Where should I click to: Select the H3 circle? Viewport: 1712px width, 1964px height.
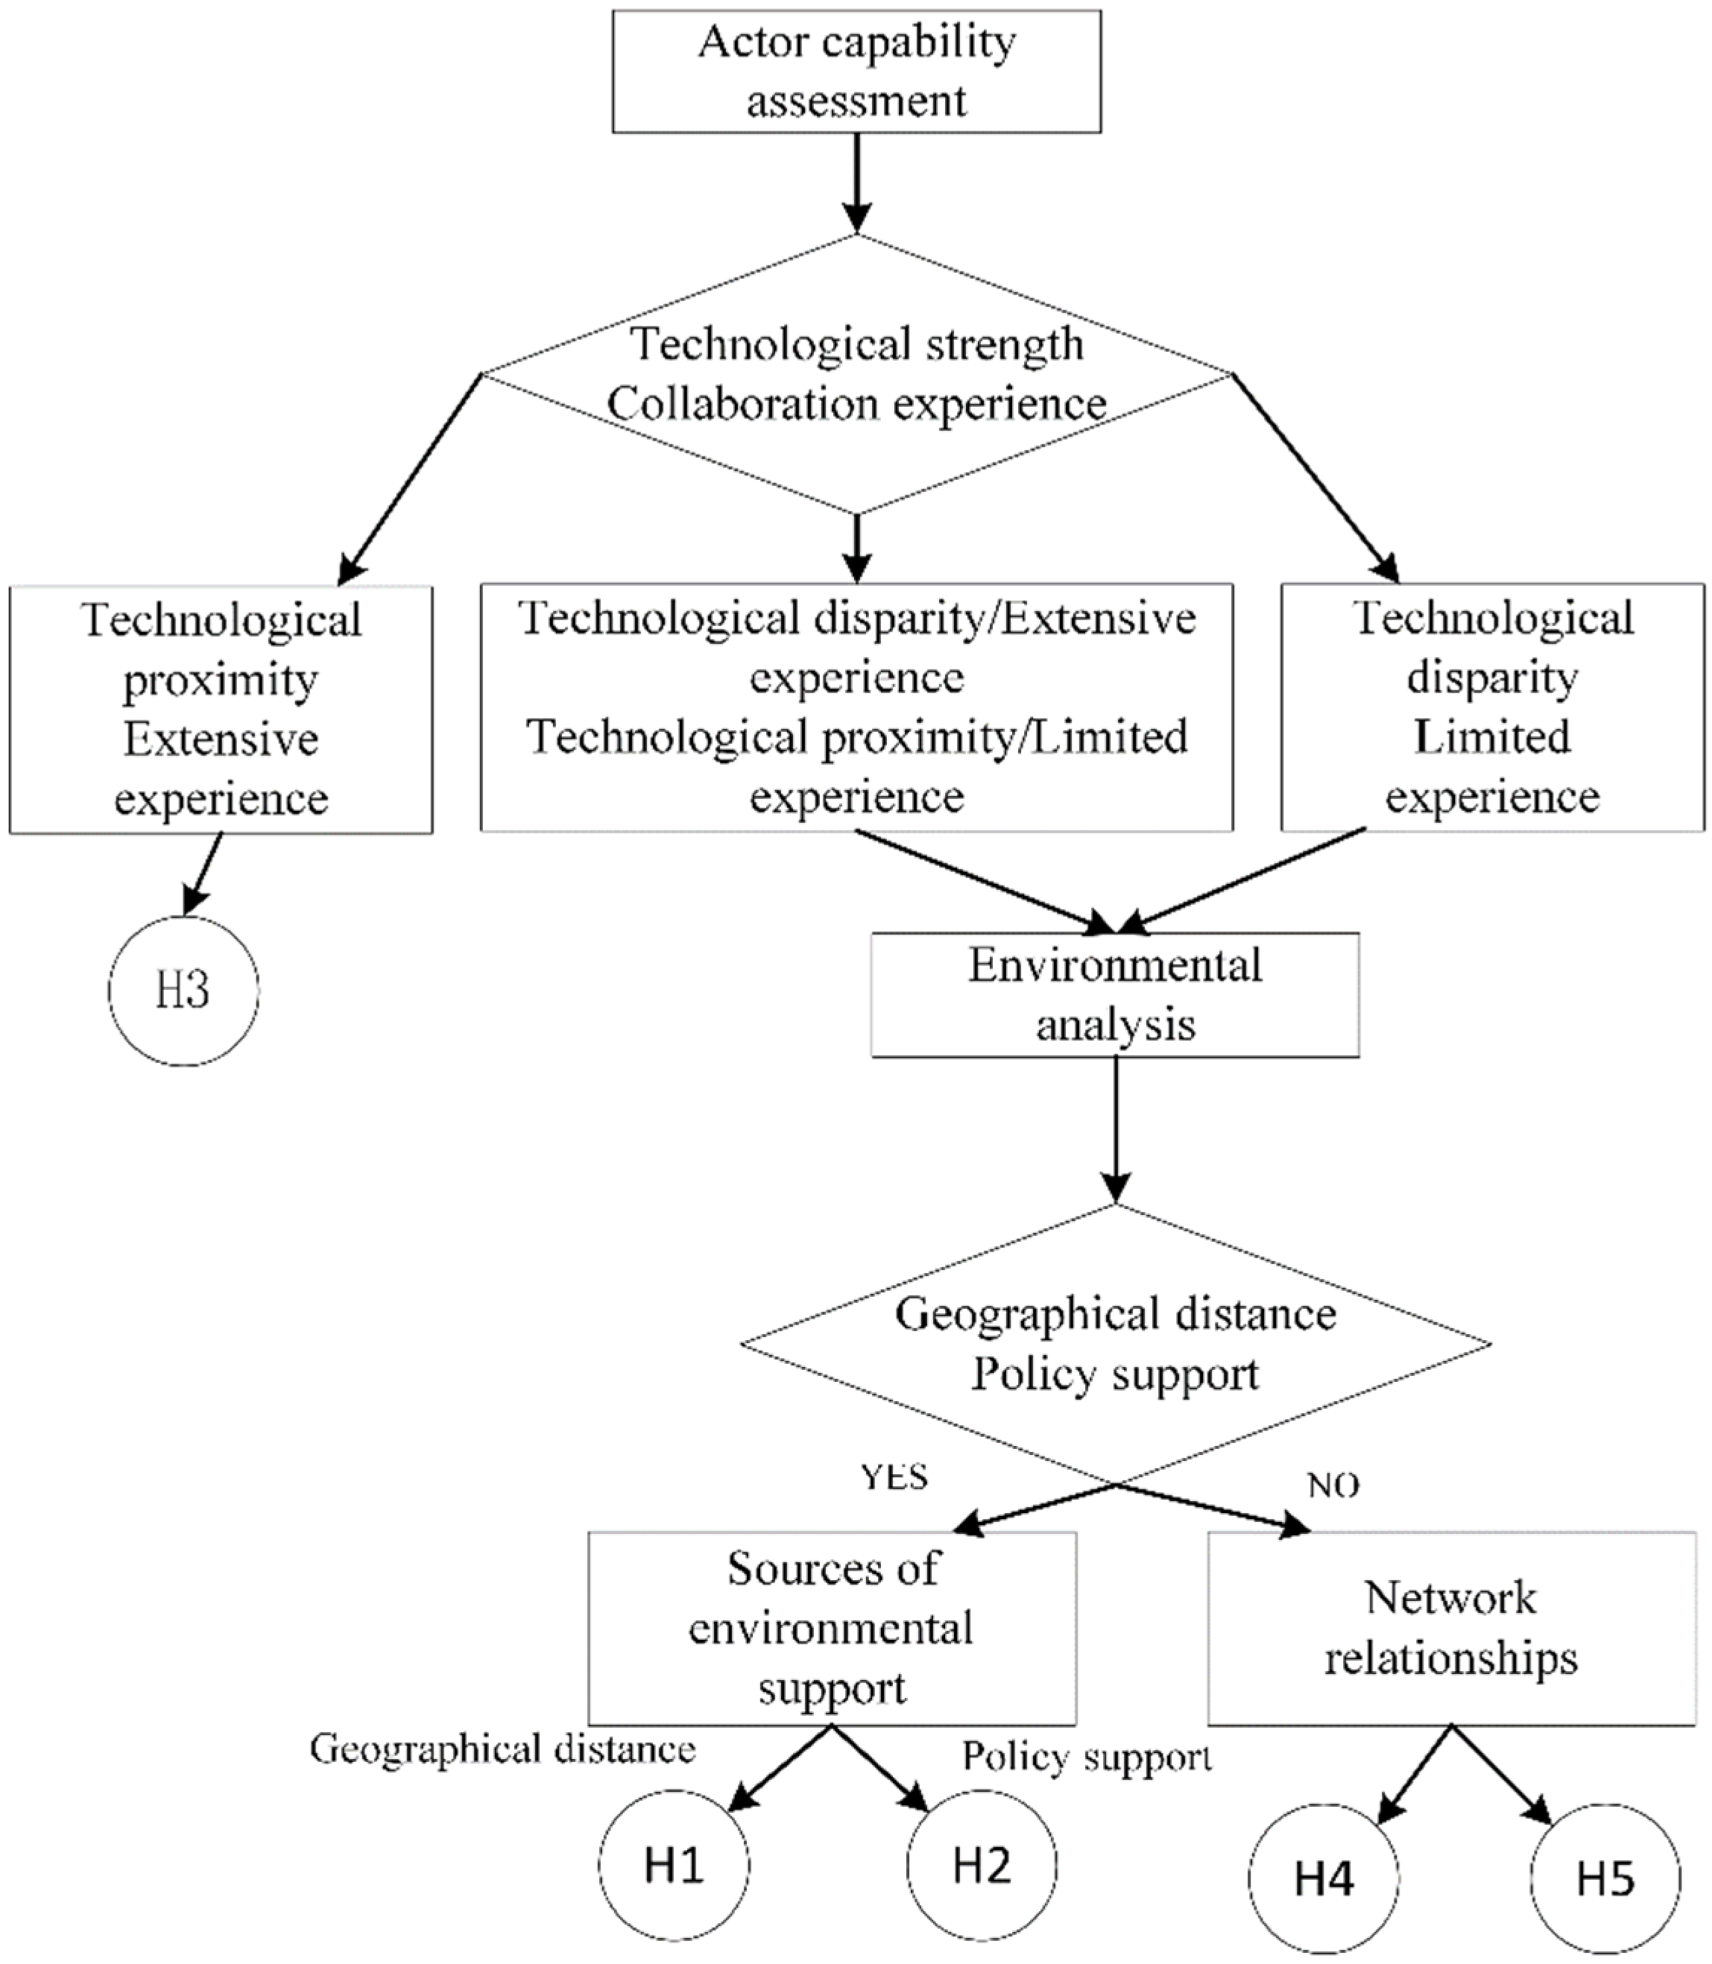[x=183, y=991]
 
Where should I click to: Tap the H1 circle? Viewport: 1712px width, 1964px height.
[x=675, y=1865]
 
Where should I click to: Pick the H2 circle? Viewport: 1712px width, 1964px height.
[x=981, y=1865]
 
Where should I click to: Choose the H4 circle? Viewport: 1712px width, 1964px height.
[x=1323, y=1878]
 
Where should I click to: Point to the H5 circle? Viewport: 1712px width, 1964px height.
[x=1605, y=1878]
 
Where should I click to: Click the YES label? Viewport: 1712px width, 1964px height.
[x=894, y=1476]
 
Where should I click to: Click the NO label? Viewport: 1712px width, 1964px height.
[x=1333, y=1485]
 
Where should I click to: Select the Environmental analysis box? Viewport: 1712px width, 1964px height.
[x=1115, y=994]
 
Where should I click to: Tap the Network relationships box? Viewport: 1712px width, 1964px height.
[x=1451, y=1628]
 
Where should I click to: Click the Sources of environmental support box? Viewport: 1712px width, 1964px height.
[x=832, y=1628]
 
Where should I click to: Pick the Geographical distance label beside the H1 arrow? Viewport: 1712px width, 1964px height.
[x=502, y=1749]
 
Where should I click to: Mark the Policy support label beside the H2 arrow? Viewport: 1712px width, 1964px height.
[x=1086, y=1756]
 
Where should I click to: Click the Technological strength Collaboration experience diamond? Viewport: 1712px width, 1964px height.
[x=857, y=373]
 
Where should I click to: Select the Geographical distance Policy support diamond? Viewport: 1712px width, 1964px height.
[x=1115, y=1343]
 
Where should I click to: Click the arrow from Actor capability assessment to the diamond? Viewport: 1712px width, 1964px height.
[x=857, y=182]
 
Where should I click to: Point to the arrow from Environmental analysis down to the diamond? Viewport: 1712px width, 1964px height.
[x=1115, y=1129]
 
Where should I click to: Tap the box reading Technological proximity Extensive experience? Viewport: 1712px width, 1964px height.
[x=221, y=709]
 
